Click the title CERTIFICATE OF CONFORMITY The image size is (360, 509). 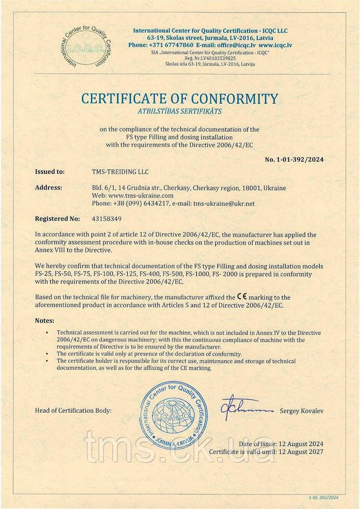click(180, 100)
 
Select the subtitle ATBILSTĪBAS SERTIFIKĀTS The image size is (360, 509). click(180, 112)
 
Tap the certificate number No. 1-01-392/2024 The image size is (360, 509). click(294, 159)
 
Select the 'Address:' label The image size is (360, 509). click(48, 187)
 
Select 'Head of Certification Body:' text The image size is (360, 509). click(73, 411)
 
